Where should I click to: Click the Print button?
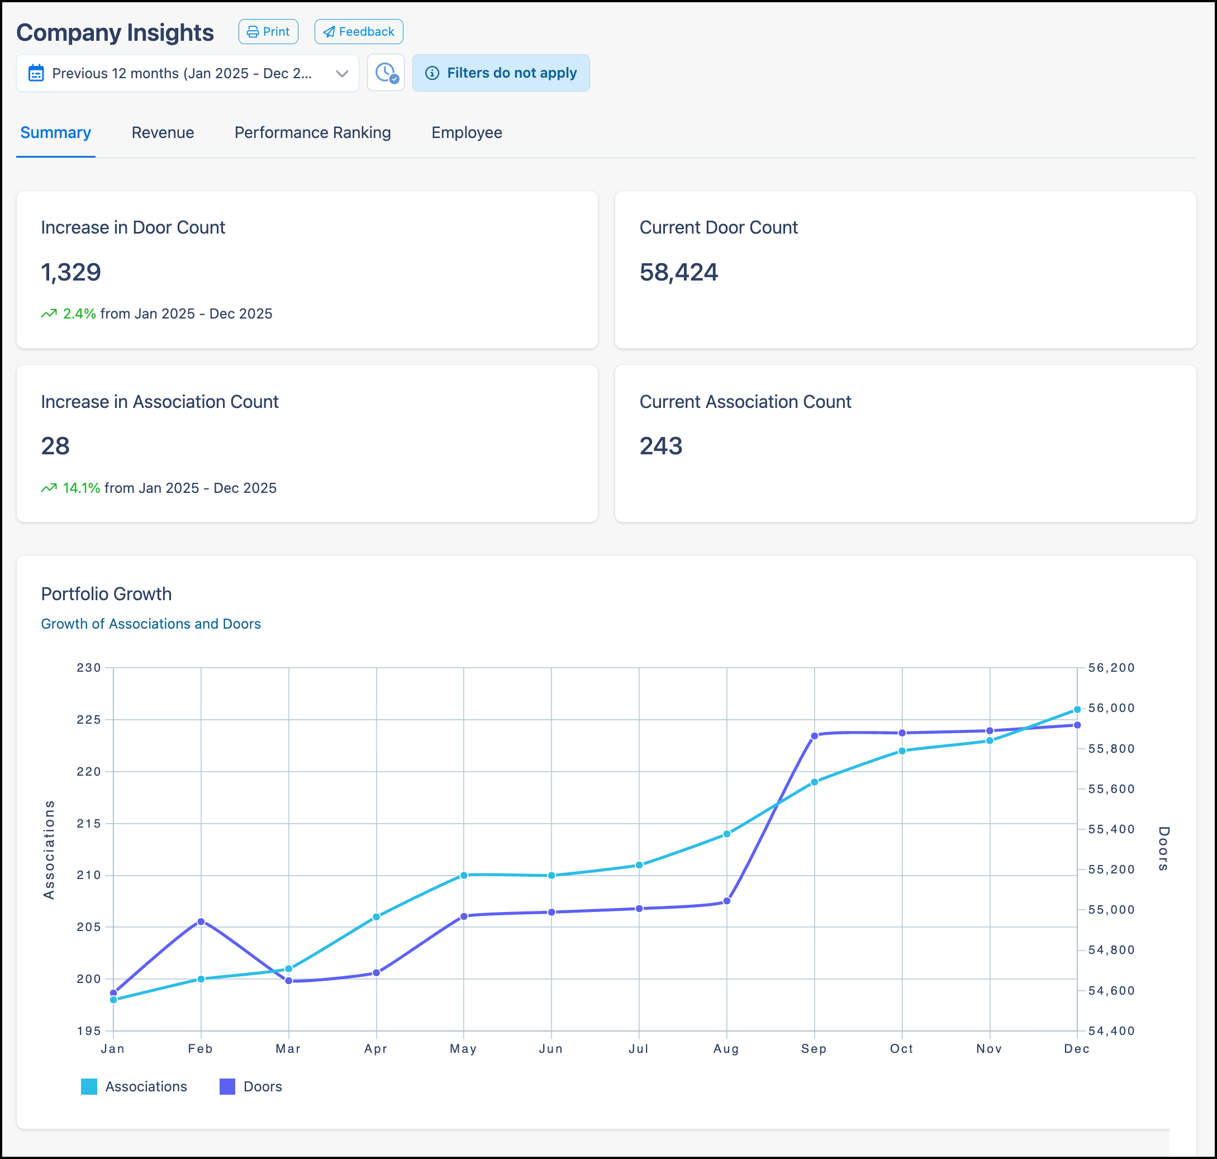click(x=268, y=31)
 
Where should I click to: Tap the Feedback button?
click(x=358, y=31)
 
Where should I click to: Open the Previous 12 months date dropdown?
click(x=187, y=73)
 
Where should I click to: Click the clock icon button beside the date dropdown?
click(x=386, y=73)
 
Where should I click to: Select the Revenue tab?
click(x=163, y=132)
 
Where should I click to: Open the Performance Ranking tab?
click(x=312, y=132)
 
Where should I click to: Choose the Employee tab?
click(x=467, y=132)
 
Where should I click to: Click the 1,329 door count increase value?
click(x=70, y=272)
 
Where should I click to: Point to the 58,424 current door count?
click(x=678, y=272)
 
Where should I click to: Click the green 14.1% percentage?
click(x=81, y=488)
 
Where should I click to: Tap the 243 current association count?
click(x=660, y=445)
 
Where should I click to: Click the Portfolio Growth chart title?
click(x=106, y=593)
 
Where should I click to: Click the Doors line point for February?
click(x=201, y=921)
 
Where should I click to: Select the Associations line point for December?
click(x=1077, y=709)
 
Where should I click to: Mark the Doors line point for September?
click(x=814, y=735)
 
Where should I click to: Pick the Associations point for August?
click(x=726, y=833)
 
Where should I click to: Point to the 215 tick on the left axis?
click(x=88, y=823)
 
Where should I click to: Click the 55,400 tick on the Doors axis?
click(x=1111, y=829)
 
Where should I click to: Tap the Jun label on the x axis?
click(x=550, y=1048)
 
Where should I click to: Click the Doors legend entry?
click(x=251, y=1086)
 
